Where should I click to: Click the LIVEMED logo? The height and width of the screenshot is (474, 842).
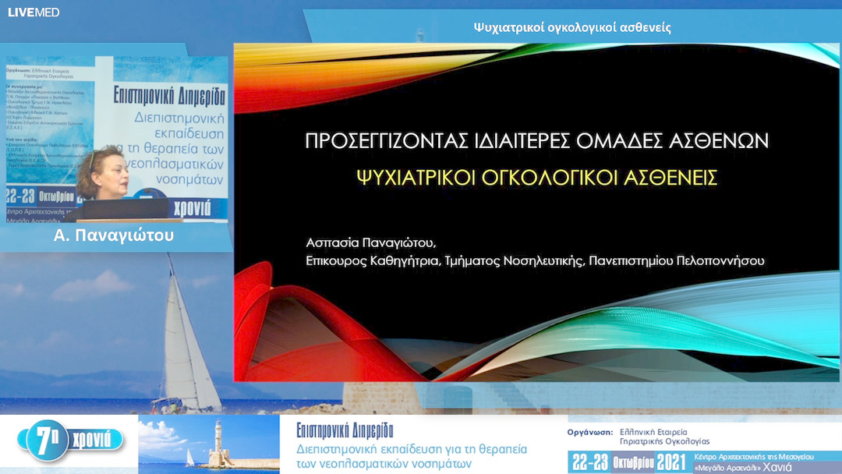[33, 12]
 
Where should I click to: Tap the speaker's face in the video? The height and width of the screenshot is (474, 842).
[104, 171]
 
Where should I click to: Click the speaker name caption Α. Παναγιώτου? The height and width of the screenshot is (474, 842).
[114, 235]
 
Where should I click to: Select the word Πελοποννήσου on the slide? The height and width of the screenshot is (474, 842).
[723, 262]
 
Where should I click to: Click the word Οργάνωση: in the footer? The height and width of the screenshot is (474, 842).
[588, 431]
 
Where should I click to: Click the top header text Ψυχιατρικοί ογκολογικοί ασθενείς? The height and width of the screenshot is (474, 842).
[572, 27]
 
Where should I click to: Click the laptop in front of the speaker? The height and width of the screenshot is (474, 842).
[125, 208]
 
